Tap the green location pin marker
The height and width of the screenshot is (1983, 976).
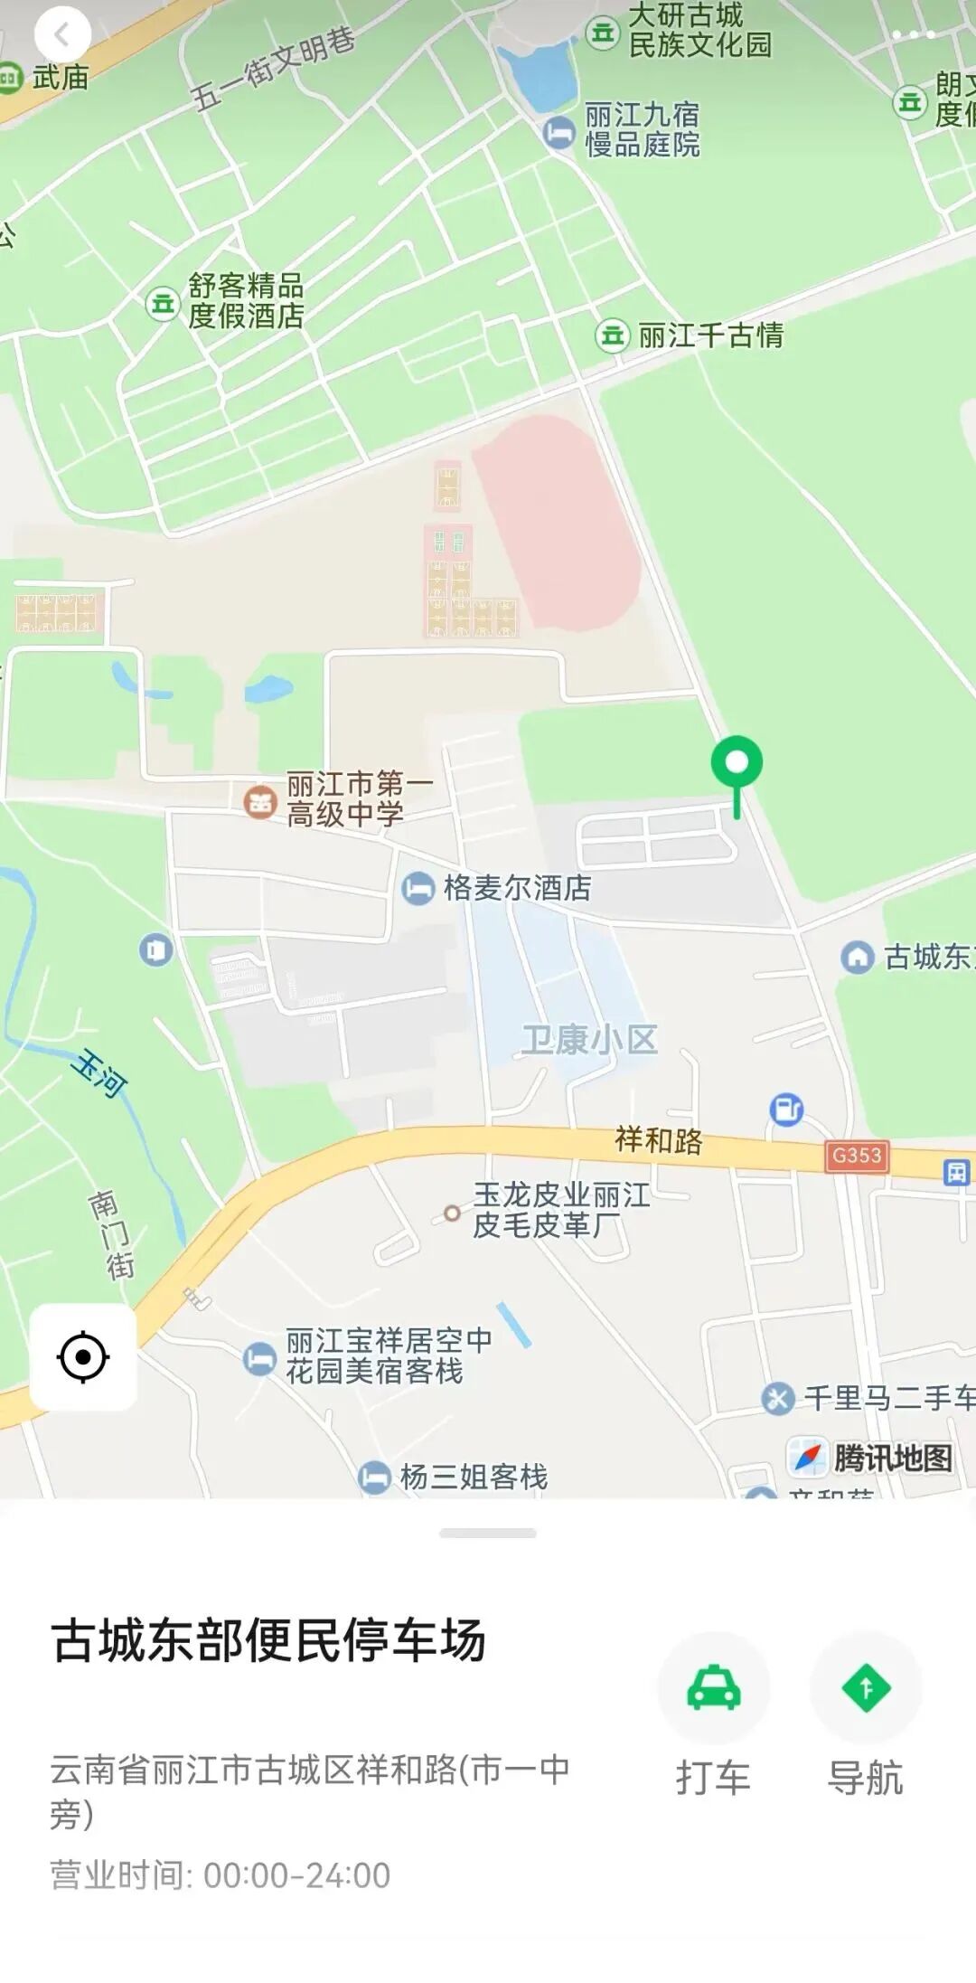click(x=737, y=765)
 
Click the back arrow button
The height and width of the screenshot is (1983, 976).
click(x=62, y=35)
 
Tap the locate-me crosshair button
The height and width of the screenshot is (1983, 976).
click(x=83, y=1356)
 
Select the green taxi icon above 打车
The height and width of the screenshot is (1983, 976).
click(x=714, y=1687)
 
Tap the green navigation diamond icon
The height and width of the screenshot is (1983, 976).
click(x=866, y=1687)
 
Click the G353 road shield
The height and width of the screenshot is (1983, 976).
click(x=856, y=1156)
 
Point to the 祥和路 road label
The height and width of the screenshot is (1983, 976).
click(x=658, y=1140)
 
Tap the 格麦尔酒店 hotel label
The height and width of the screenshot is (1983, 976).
click(x=517, y=888)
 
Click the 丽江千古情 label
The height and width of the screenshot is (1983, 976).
click(x=710, y=335)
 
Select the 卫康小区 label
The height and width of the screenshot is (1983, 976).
click(x=589, y=1040)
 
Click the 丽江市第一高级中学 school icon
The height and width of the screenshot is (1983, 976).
click(x=260, y=800)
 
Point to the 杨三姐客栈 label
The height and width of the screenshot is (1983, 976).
click(x=474, y=1477)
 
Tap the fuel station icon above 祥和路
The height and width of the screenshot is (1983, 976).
click(x=786, y=1109)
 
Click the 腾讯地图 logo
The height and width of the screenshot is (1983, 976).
click(x=871, y=1458)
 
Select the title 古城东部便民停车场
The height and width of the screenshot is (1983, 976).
click(x=269, y=1641)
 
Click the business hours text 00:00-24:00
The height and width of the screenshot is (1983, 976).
click(x=296, y=1875)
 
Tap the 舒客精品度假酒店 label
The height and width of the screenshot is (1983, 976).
click(x=246, y=301)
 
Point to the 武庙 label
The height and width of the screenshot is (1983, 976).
click(x=61, y=78)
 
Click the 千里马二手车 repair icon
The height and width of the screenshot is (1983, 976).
click(x=777, y=1398)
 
